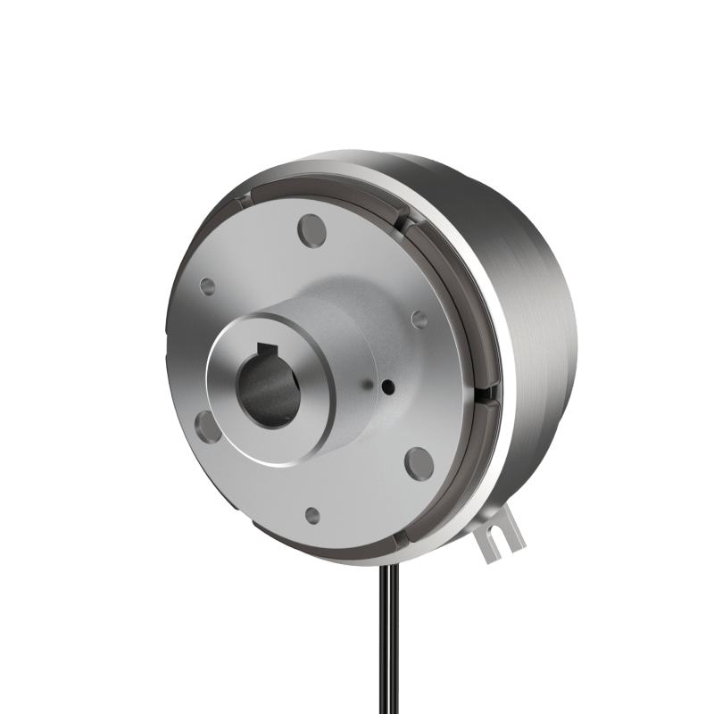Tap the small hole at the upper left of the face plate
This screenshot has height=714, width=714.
coord(207,286)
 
